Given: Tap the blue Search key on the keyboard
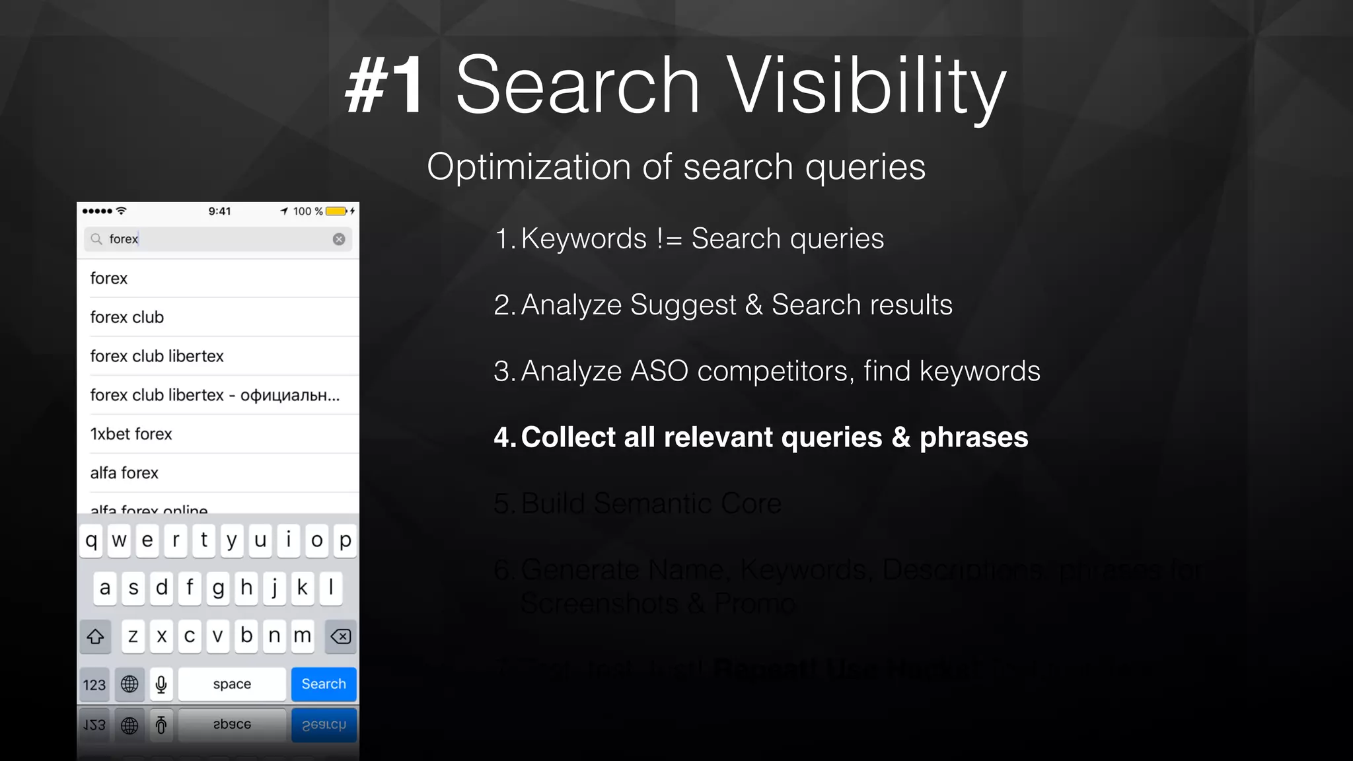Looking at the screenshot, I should click(x=324, y=684).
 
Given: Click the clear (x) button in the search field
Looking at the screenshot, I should click(x=339, y=239).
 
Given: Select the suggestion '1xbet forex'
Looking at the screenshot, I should click(x=131, y=434).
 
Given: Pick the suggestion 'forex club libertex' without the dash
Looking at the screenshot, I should click(x=157, y=356).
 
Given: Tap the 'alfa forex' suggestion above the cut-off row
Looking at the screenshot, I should click(x=124, y=473).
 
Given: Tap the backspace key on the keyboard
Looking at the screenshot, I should click(x=341, y=636).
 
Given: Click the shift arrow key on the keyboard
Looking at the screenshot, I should click(x=95, y=636).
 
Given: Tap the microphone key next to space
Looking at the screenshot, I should click(x=161, y=684).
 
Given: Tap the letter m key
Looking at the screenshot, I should click(x=303, y=635).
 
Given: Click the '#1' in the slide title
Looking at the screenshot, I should click(x=386, y=85).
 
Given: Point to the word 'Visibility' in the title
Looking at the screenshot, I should click(x=865, y=85).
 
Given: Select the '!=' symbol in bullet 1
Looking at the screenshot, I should click(x=669, y=239).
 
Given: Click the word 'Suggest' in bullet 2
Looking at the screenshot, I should click(x=682, y=305).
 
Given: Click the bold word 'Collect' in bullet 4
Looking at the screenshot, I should click(x=568, y=437).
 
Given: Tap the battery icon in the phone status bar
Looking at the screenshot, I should click(x=336, y=211).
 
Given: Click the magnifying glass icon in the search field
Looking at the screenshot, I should click(x=96, y=239).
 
